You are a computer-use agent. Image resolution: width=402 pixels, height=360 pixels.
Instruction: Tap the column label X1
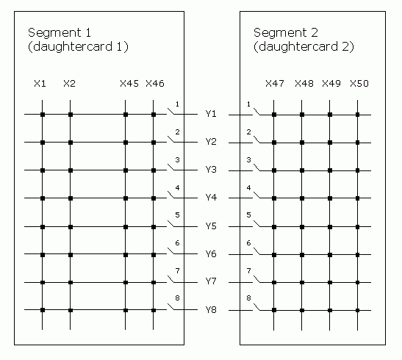pos(40,84)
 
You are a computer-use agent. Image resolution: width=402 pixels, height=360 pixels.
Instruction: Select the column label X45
pos(129,84)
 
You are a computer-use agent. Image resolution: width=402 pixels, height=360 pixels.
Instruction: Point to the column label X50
pos(359,84)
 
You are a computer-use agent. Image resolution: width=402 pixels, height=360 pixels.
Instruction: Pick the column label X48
pos(304,84)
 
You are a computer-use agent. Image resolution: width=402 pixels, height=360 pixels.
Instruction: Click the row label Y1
pos(211,113)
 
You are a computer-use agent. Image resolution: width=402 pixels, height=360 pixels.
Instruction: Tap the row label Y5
pos(211,226)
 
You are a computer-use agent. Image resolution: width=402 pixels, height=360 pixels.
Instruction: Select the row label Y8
pos(211,310)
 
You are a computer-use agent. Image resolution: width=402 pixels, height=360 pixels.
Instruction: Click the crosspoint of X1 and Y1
pos(43,115)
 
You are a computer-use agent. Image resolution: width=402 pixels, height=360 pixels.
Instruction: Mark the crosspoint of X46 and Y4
pos(154,198)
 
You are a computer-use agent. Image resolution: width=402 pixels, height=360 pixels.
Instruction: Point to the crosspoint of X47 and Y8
pos(274,310)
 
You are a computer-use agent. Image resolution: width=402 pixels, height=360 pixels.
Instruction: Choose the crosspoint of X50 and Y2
pos(358,143)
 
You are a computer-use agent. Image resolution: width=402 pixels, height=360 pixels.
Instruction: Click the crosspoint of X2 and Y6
pos(71,255)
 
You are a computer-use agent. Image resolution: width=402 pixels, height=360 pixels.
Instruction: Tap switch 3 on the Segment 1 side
pos(171,168)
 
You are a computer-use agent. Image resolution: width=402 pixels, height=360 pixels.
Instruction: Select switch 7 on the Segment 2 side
pos(257,279)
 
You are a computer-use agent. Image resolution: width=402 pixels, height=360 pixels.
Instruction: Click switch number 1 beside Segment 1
pos(171,112)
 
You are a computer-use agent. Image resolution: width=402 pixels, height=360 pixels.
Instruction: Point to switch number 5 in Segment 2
pos(257,223)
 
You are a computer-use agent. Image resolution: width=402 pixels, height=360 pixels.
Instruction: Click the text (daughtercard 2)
pos(304,46)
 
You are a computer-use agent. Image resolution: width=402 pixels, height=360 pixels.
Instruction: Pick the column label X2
pos(70,84)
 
